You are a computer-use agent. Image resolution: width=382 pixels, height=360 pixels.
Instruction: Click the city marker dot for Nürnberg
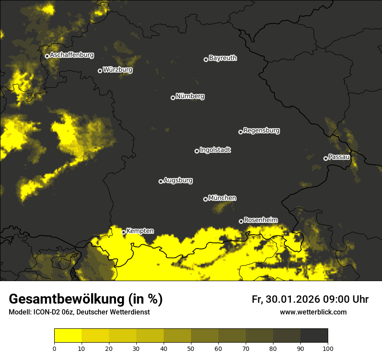tap(173, 98)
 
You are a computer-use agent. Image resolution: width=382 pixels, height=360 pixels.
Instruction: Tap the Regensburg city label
tap(261, 130)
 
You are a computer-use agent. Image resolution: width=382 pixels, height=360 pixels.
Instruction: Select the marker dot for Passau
tap(326, 158)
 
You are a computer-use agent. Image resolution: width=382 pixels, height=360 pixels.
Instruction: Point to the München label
tap(222, 198)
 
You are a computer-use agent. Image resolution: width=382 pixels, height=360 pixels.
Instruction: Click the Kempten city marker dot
tap(123, 232)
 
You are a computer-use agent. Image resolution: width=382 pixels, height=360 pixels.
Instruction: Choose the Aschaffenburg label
tap(72, 55)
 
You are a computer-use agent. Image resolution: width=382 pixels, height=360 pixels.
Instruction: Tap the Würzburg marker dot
tap(100, 71)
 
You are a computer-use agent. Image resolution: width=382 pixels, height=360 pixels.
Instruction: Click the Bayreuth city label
tap(223, 58)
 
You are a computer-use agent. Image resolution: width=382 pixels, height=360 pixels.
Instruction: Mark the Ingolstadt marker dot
tap(197, 151)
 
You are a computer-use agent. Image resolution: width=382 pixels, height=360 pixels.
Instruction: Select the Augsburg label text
tap(178, 180)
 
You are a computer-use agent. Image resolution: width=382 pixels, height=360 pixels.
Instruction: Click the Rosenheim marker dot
tap(241, 221)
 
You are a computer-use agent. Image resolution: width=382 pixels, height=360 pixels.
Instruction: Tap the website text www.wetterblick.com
tap(313, 312)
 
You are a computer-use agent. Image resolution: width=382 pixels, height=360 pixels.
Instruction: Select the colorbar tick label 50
tap(191, 348)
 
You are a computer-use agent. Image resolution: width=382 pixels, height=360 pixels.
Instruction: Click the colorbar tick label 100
tap(328, 348)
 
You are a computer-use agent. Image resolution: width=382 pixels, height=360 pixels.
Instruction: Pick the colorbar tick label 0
tap(54, 348)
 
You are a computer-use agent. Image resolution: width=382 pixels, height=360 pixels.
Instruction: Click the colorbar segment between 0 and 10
tap(68, 336)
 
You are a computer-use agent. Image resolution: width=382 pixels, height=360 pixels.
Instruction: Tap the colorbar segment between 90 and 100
tap(314, 336)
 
